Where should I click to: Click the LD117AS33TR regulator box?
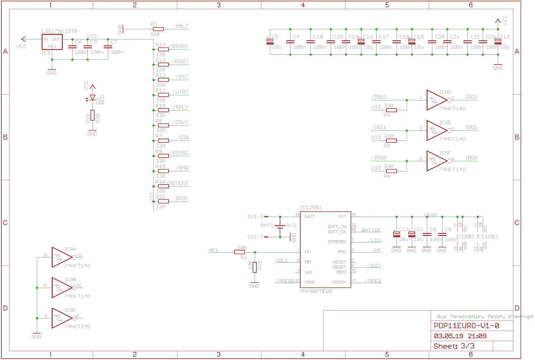pyautogui.click(x=51, y=43)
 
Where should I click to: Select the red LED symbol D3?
pyautogui.click(x=93, y=98)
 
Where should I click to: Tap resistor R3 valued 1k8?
pyautogui.click(x=158, y=29)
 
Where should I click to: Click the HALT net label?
pyautogui.click(x=182, y=26)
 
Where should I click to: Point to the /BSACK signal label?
pyautogui.click(x=180, y=46)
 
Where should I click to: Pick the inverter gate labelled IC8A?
pyautogui.click(x=62, y=257)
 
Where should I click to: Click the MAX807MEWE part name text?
pyautogui.click(x=316, y=291)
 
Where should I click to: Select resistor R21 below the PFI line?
pyautogui.click(x=255, y=267)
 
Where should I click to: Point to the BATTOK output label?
pyautogui.click(x=371, y=230)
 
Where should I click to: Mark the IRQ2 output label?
pyautogui.click(x=471, y=97)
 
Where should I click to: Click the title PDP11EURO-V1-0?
pyautogui.click(x=466, y=326)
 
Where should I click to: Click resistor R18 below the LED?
pyautogui.click(x=92, y=115)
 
